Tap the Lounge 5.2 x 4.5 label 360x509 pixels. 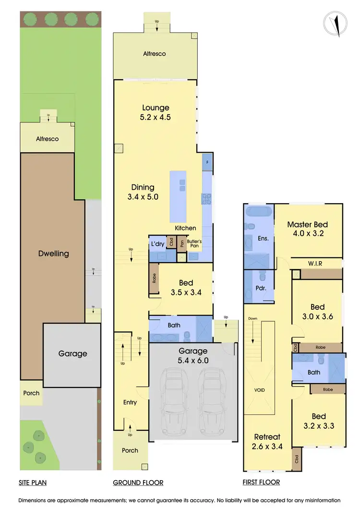(x=156, y=112)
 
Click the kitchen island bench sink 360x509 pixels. (x=182, y=182)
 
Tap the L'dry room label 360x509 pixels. (x=158, y=244)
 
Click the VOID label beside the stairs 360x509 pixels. (x=259, y=390)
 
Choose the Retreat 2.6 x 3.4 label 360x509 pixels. (x=267, y=441)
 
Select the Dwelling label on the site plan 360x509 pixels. (x=53, y=254)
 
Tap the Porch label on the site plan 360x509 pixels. (x=31, y=393)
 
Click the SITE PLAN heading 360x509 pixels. (x=33, y=483)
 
